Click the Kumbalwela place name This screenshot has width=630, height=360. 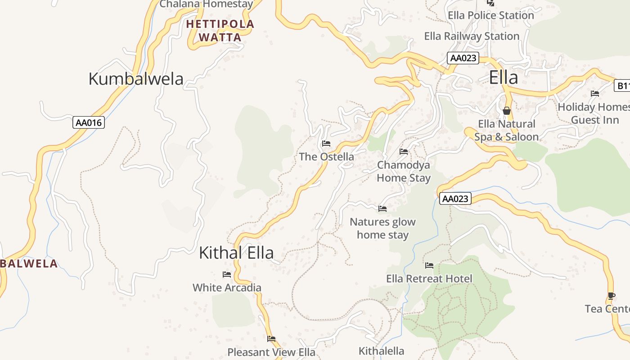coord(136,79)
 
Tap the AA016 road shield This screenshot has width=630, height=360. coord(89,122)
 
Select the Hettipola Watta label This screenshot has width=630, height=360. coord(220,31)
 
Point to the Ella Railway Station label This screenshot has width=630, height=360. coord(472,36)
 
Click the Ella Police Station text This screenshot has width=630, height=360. coord(490,15)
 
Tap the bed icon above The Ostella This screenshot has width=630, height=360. coord(326,144)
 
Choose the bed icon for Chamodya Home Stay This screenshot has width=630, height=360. coord(404,152)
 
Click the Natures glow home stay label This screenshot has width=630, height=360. coord(382,228)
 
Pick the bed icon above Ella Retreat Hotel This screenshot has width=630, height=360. coord(429,265)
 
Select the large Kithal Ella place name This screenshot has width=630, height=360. coord(236,253)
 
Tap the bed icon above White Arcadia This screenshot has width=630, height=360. coord(227,274)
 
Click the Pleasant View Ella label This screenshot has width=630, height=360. coord(271,352)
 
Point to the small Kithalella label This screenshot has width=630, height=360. coord(381,351)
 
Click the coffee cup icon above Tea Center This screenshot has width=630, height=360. coord(611,296)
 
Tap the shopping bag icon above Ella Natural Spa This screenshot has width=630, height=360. coord(507,111)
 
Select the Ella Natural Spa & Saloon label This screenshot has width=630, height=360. coord(507,130)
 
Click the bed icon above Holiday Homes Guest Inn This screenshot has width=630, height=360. coord(595,94)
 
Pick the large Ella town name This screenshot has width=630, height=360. coord(504,78)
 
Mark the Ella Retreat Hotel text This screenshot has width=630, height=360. coord(429,279)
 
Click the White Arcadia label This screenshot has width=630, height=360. coord(227,288)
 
